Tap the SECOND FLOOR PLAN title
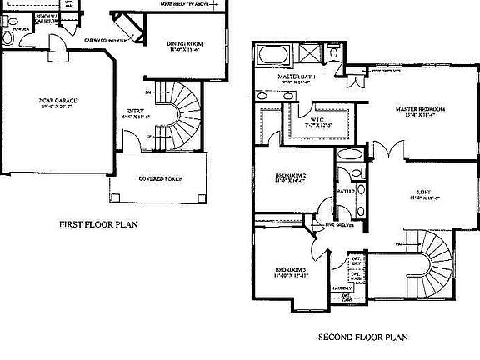click(363, 337)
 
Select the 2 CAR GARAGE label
click(58, 102)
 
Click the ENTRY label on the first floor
click(133, 110)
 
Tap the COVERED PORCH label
click(160, 178)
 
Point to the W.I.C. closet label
click(317, 119)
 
